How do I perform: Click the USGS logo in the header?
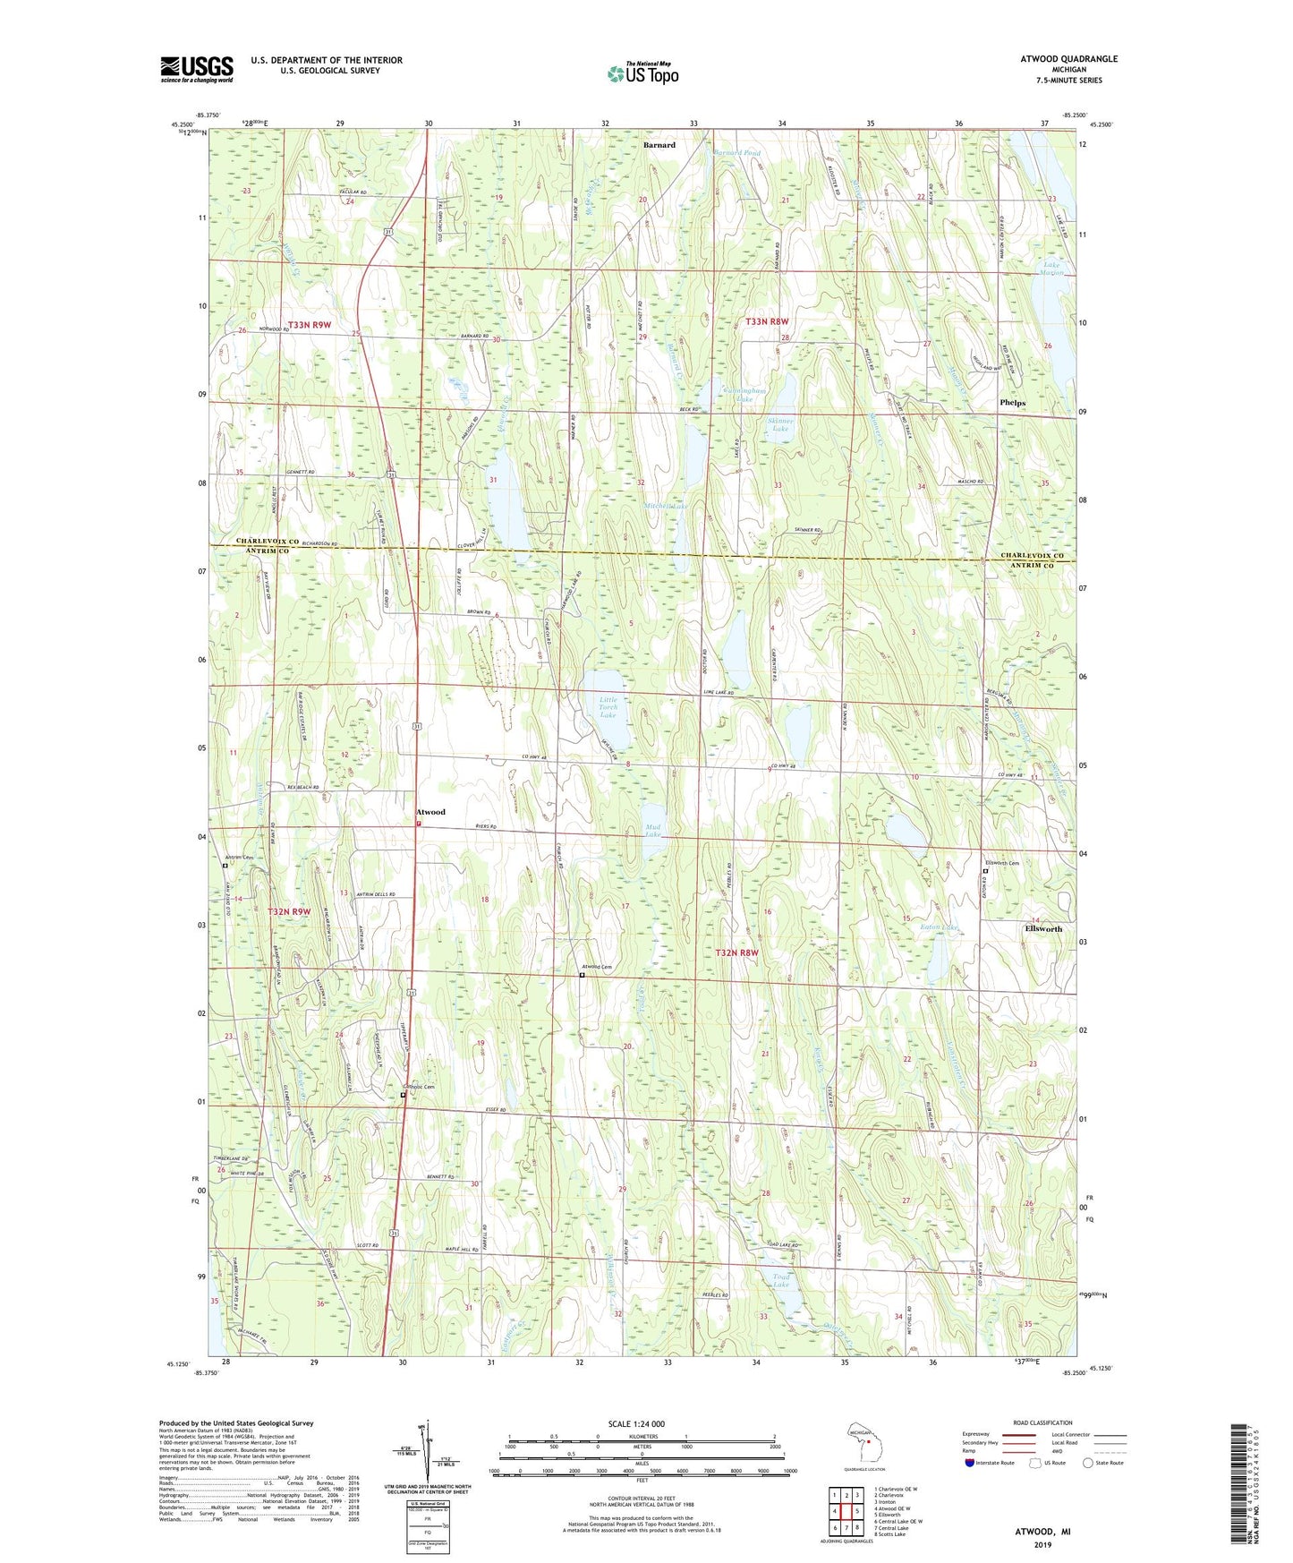tap(197, 69)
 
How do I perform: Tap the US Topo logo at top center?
tap(642, 73)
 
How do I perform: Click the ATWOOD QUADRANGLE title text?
tap(1068, 59)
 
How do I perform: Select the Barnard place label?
tap(659, 144)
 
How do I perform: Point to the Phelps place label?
tap(1012, 403)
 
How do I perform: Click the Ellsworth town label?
tap(1043, 928)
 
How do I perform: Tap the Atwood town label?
tap(430, 812)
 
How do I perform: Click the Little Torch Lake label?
tap(608, 707)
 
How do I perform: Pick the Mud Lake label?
tap(653, 829)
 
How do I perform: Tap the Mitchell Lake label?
tap(667, 506)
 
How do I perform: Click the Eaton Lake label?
tap(940, 927)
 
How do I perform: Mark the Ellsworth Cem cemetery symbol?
tap(985, 871)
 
